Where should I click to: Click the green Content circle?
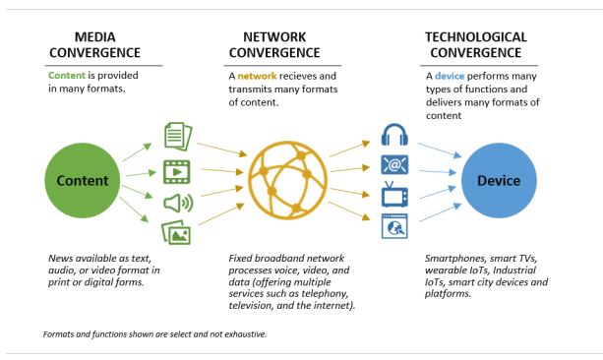[83, 180]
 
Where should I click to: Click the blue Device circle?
[499, 180]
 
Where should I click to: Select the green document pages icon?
[178, 137]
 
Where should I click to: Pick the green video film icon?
[177, 172]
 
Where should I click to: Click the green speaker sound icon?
[178, 203]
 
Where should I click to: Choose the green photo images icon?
[176, 232]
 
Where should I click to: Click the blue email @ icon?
[394, 165]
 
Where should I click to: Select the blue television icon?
[394, 195]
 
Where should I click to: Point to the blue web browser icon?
[394, 226]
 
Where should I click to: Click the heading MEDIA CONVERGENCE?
[95, 44]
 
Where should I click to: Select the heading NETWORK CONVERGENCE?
[274, 44]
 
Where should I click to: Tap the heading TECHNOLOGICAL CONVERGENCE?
[476, 44]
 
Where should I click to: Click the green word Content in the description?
[67, 75]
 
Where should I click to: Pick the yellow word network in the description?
[257, 76]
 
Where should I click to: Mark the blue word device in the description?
[450, 76]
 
